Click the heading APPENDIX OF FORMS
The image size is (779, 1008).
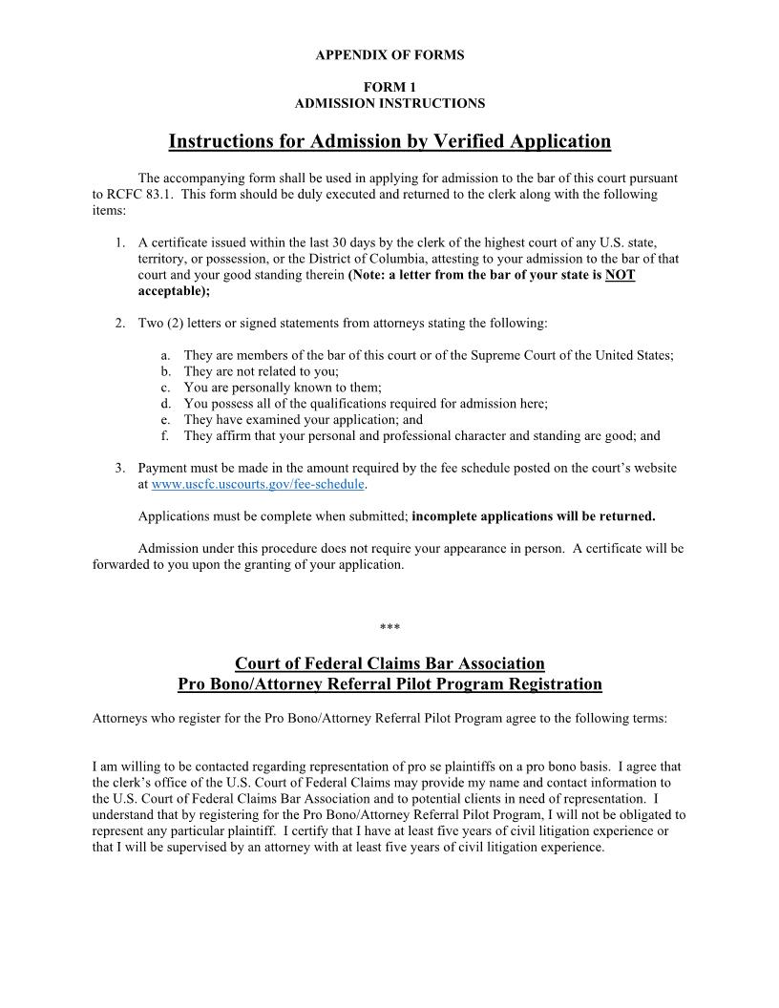coord(389,55)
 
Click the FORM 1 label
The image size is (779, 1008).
coord(389,87)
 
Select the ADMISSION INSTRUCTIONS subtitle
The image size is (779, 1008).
coord(389,103)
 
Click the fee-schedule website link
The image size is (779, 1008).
coord(258,484)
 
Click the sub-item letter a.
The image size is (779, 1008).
coord(166,355)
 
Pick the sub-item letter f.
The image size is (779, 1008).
coord(166,436)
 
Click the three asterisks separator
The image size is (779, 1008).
coord(389,628)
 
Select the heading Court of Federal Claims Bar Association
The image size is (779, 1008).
coord(389,663)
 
